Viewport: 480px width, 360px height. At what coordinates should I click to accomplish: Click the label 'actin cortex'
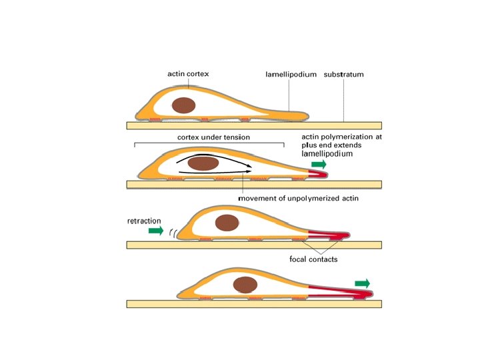point(188,74)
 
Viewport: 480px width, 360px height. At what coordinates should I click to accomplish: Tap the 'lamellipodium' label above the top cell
point(287,75)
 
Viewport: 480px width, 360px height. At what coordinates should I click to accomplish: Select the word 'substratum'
point(344,75)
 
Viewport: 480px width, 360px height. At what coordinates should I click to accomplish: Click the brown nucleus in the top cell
point(183,105)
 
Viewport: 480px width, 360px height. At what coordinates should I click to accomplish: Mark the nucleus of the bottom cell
point(245,285)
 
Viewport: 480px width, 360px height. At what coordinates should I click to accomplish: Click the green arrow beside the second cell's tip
point(321,163)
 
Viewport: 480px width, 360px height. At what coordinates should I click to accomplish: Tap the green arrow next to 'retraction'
point(155,231)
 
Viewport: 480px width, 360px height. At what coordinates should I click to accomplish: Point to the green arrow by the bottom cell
point(364,283)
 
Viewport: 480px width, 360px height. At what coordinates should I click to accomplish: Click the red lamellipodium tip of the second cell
point(319,174)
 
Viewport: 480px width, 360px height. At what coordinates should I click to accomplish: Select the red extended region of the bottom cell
point(337,291)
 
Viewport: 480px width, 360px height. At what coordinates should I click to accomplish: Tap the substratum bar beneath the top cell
point(253,125)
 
